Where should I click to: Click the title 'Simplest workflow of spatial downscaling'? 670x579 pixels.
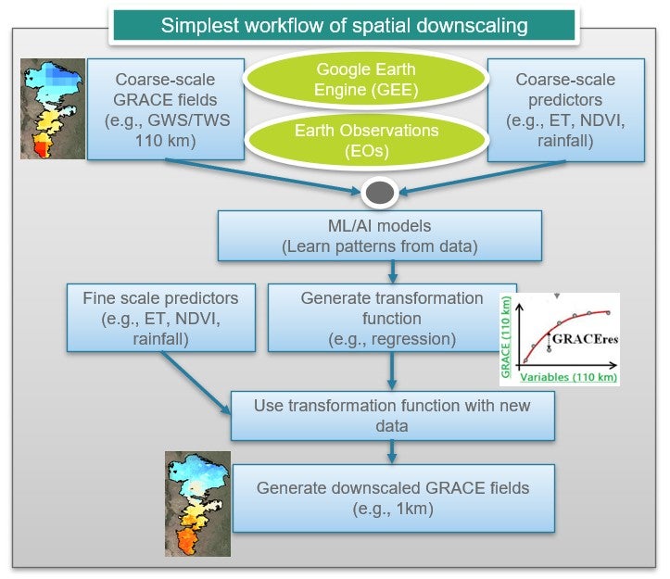pos(344,24)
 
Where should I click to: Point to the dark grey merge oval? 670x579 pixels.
pos(382,194)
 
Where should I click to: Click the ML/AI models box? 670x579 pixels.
pos(379,236)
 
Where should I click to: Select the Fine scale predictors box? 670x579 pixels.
pos(161,318)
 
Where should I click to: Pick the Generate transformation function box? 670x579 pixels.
pos(391,318)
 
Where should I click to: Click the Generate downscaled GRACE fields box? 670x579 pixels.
pos(393,497)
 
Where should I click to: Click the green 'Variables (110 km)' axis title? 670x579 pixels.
pos(565,378)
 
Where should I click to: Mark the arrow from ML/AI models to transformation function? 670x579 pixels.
pos(393,271)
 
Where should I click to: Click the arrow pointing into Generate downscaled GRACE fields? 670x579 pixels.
pos(393,451)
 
